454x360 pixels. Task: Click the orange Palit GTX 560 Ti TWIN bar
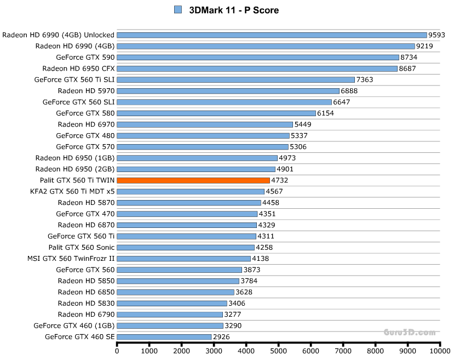(x=193, y=180)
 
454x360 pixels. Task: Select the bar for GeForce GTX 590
(x=258, y=57)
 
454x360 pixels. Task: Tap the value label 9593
(x=437, y=35)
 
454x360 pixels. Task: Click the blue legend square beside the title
(x=178, y=10)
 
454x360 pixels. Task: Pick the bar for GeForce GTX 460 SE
(x=164, y=337)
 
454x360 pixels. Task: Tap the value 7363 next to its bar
(x=365, y=79)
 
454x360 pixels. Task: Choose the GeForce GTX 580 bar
(x=216, y=113)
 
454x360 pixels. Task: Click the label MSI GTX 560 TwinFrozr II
(x=71, y=259)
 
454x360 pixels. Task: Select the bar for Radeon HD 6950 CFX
(x=257, y=68)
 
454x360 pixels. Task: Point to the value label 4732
(x=280, y=180)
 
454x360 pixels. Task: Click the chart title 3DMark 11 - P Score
(x=234, y=10)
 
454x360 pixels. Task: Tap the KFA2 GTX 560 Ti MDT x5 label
(x=73, y=192)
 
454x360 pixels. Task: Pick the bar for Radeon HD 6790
(x=170, y=315)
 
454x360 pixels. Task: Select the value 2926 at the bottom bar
(x=221, y=337)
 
